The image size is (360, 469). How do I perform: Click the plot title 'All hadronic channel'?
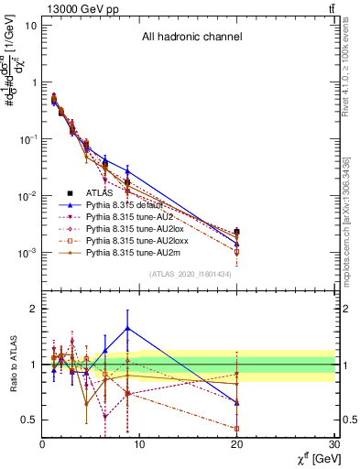click(x=191, y=38)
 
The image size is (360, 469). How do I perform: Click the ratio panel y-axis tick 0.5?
click(x=29, y=420)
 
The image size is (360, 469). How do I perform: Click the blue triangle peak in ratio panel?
click(x=127, y=328)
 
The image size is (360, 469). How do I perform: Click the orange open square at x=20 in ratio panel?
click(x=237, y=428)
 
